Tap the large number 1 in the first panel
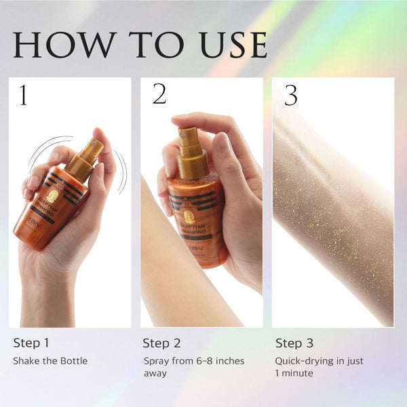point(24,96)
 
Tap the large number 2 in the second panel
point(159,94)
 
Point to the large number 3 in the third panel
point(290,96)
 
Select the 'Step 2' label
point(161,343)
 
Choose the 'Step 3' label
point(294,343)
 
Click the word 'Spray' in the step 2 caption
point(156,361)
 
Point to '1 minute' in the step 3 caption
point(294,373)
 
